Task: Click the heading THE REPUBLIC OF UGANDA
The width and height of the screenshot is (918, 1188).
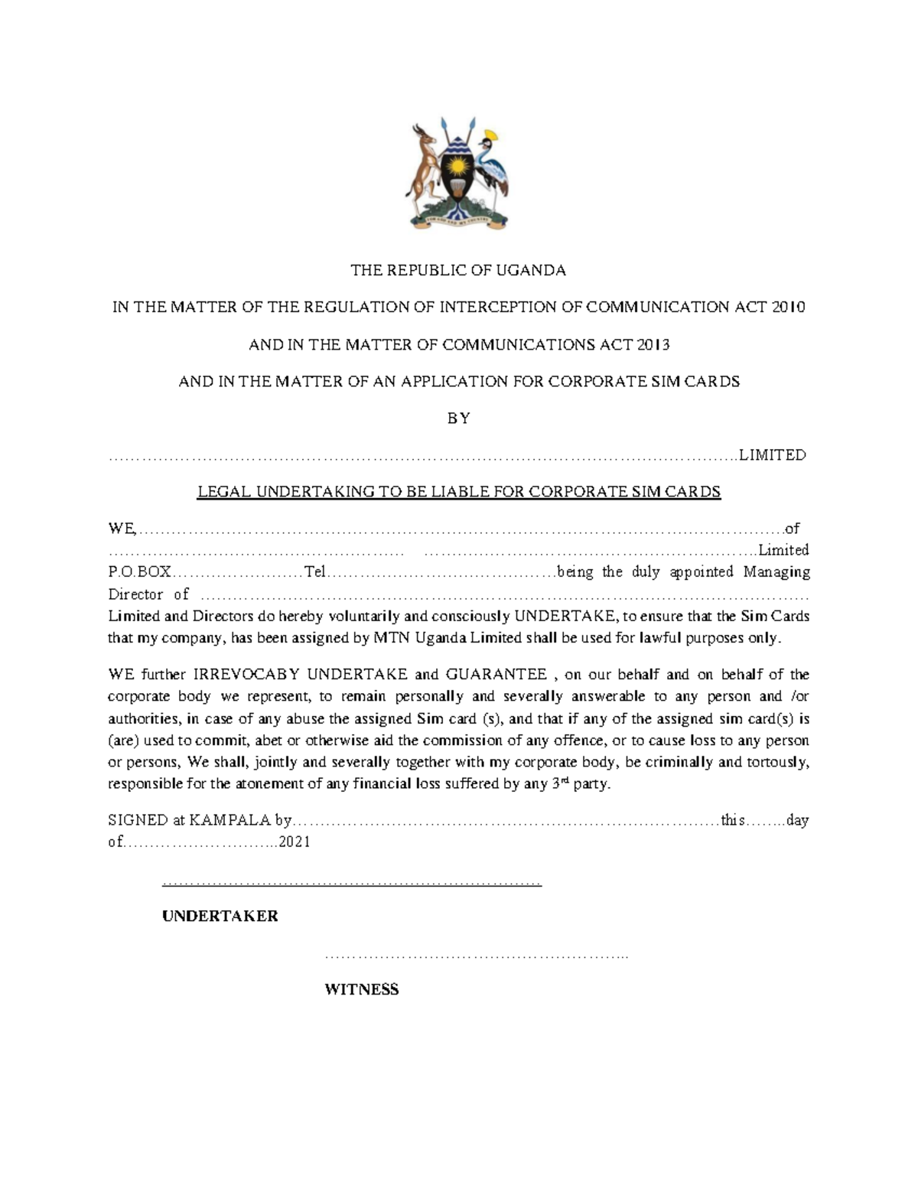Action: tap(458, 270)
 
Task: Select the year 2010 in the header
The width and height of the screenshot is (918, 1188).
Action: tap(789, 308)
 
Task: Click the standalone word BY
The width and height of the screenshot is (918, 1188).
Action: tap(458, 418)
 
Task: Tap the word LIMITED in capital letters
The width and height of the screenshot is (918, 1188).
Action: tap(772, 455)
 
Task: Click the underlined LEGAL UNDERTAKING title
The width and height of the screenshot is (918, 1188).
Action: tap(459, 492)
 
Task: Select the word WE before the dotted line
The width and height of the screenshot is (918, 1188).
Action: tap(121, 529)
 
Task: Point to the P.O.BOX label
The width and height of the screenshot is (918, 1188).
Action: tap(139, 572)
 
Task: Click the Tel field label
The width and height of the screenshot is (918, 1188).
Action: tap(314, 572)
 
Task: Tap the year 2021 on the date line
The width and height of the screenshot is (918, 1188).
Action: tap(295, 842)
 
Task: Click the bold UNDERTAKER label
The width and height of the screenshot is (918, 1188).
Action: tap(220, 916)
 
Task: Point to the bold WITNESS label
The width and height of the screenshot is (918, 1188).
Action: tap(362, 990)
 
